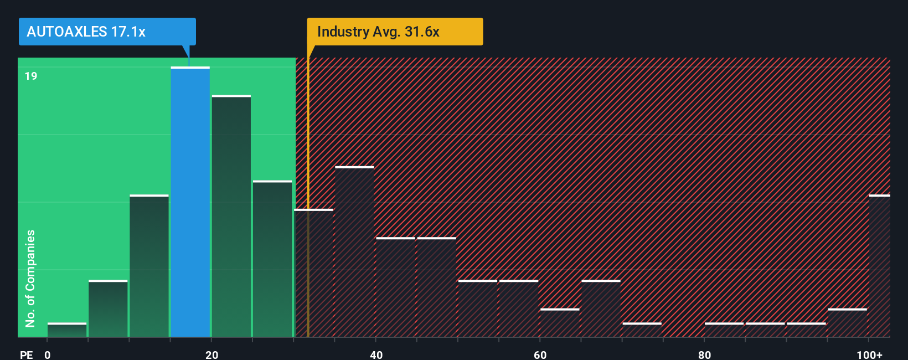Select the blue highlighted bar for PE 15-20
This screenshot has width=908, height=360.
click(190, 202)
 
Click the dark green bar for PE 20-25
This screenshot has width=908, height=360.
click(231, 216)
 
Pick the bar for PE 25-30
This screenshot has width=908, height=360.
click(272, 259)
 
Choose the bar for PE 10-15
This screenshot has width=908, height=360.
click(149, 266)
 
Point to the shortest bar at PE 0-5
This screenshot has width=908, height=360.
click(67, 330)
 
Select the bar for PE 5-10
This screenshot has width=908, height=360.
click(108, 308)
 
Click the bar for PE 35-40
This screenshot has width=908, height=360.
click(354, 251)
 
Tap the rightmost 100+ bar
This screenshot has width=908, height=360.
click(879, 266)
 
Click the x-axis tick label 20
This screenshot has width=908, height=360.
click(211, 354)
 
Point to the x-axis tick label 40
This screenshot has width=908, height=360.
click(376, 354)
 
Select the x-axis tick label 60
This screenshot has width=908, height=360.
click(540, 354)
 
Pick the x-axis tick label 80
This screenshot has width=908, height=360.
click(704, 354)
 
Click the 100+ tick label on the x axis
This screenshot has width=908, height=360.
click(869, 354)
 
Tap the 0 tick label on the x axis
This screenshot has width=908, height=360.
click(48, 354)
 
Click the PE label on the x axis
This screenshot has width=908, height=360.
click(26, 354)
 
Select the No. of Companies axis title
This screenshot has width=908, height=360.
click(30, 278)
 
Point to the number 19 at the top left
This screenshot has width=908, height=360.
click(31, 76)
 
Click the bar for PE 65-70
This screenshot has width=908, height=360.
click(601, 308)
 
